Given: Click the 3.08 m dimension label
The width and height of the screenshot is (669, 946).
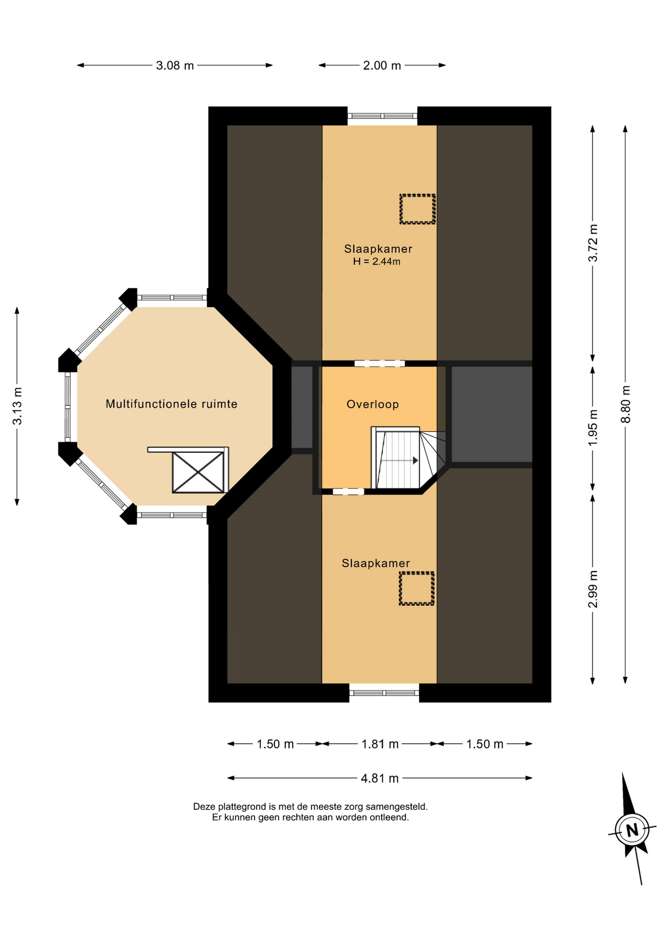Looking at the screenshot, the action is (175, 66).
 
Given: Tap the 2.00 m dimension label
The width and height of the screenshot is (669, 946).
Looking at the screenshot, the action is (382, 66).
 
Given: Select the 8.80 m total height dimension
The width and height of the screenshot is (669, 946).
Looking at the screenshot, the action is (626, 404).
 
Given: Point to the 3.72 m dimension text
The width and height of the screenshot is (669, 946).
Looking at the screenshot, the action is (593, 243).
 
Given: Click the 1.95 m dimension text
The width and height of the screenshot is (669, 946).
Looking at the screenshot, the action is (593, 428).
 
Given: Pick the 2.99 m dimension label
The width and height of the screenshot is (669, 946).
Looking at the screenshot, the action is (593, 589).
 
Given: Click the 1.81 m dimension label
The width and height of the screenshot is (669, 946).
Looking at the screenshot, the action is (380, 744).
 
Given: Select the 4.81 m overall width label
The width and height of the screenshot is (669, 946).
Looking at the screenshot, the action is (380, 778).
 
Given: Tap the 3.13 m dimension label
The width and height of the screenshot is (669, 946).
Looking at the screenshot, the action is (17, 406).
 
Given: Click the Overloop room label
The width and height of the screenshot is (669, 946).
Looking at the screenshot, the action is (372, 405).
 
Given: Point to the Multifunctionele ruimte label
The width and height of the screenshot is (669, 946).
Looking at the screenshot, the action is (171, 404).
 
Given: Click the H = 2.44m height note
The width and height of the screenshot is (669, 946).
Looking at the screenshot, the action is (377, 262).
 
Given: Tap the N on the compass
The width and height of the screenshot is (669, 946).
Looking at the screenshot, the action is (632, 830).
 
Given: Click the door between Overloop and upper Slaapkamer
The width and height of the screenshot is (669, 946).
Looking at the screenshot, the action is (379, 364).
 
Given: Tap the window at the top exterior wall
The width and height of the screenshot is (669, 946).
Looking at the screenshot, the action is (382, 116).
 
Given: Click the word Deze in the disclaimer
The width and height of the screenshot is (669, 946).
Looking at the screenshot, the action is (204, 807).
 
